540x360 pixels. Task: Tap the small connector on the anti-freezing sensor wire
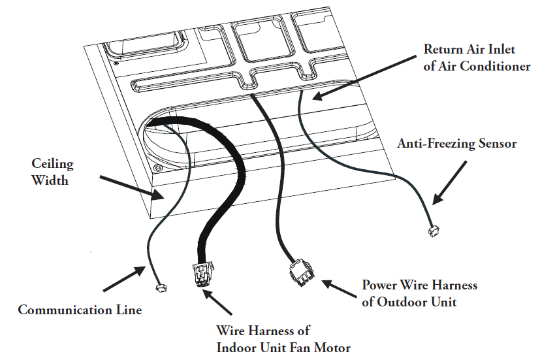[432, 231]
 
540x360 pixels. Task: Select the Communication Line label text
[80, 310]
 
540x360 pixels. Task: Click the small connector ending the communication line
[159, 287]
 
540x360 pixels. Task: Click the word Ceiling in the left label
[52, 163]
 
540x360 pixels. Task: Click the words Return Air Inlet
[468, 49]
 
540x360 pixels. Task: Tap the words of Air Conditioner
[477, 66]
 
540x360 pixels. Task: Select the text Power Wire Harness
[420, 286]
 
